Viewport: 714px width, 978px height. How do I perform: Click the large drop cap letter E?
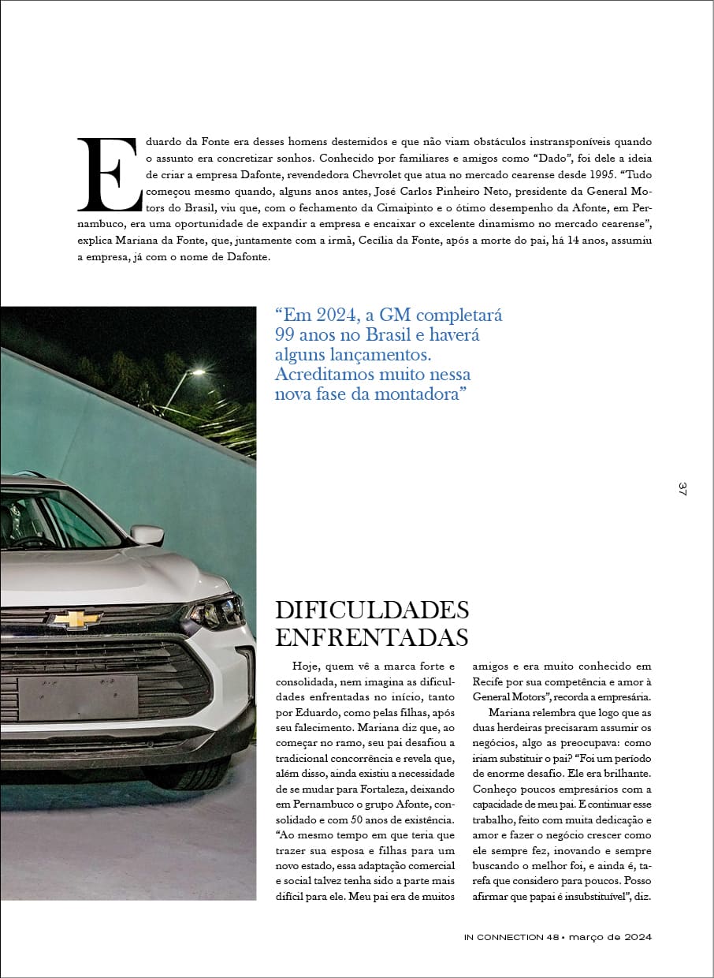click(x=110, y=174)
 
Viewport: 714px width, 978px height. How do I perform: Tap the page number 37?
click(x=682, y=489)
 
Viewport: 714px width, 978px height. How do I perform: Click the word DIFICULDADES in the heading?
click(x=371, y=610)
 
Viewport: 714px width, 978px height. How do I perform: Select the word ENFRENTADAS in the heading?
click(x=371, y=636)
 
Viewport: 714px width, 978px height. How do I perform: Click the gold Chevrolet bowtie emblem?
click(x=76, y=619)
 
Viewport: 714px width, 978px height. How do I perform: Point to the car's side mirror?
click(x=147, y=535)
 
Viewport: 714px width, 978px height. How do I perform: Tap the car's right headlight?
click(x=217, y=611)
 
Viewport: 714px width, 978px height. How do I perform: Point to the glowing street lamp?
click(x=195, y=372)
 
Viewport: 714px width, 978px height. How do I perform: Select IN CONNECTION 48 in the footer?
click(x=511, y=937)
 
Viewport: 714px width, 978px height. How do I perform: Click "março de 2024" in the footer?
click(x=609, y=937)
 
